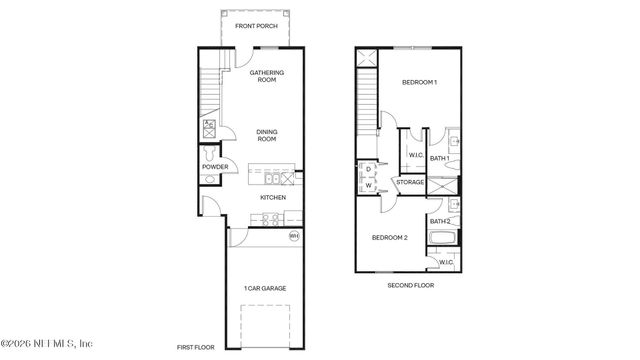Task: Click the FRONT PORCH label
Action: pyautogui.click(x=255, y=26)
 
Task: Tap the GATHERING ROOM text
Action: pyautogui.click(x=267, y=76)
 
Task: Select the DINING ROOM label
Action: pyautogui.click(x=267, y=135)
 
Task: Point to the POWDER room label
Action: pyautogui.click(x=215, y=167)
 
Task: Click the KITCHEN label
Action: pyautogui.click(x=273, y=197)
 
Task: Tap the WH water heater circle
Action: pyautogui.click(x=294, y=236)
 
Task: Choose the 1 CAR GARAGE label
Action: pyautogui.click(x=265, y=288)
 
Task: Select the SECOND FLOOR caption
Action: pyautogui.click(x=411, y=285)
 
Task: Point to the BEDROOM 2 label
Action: pyautogui.click(x=390, y=238)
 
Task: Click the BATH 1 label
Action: pyautogui.click(x=439, y=157)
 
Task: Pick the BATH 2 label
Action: pyautogui.click(x=439, y=221)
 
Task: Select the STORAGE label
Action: pyautogui.click(x=410, y=182)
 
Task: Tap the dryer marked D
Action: pyautogui.click(x=368, y=169)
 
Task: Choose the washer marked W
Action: pyautogui.click(x=368, y=185)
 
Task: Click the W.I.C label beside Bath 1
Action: pyautogui.click(x=415, y=155)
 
